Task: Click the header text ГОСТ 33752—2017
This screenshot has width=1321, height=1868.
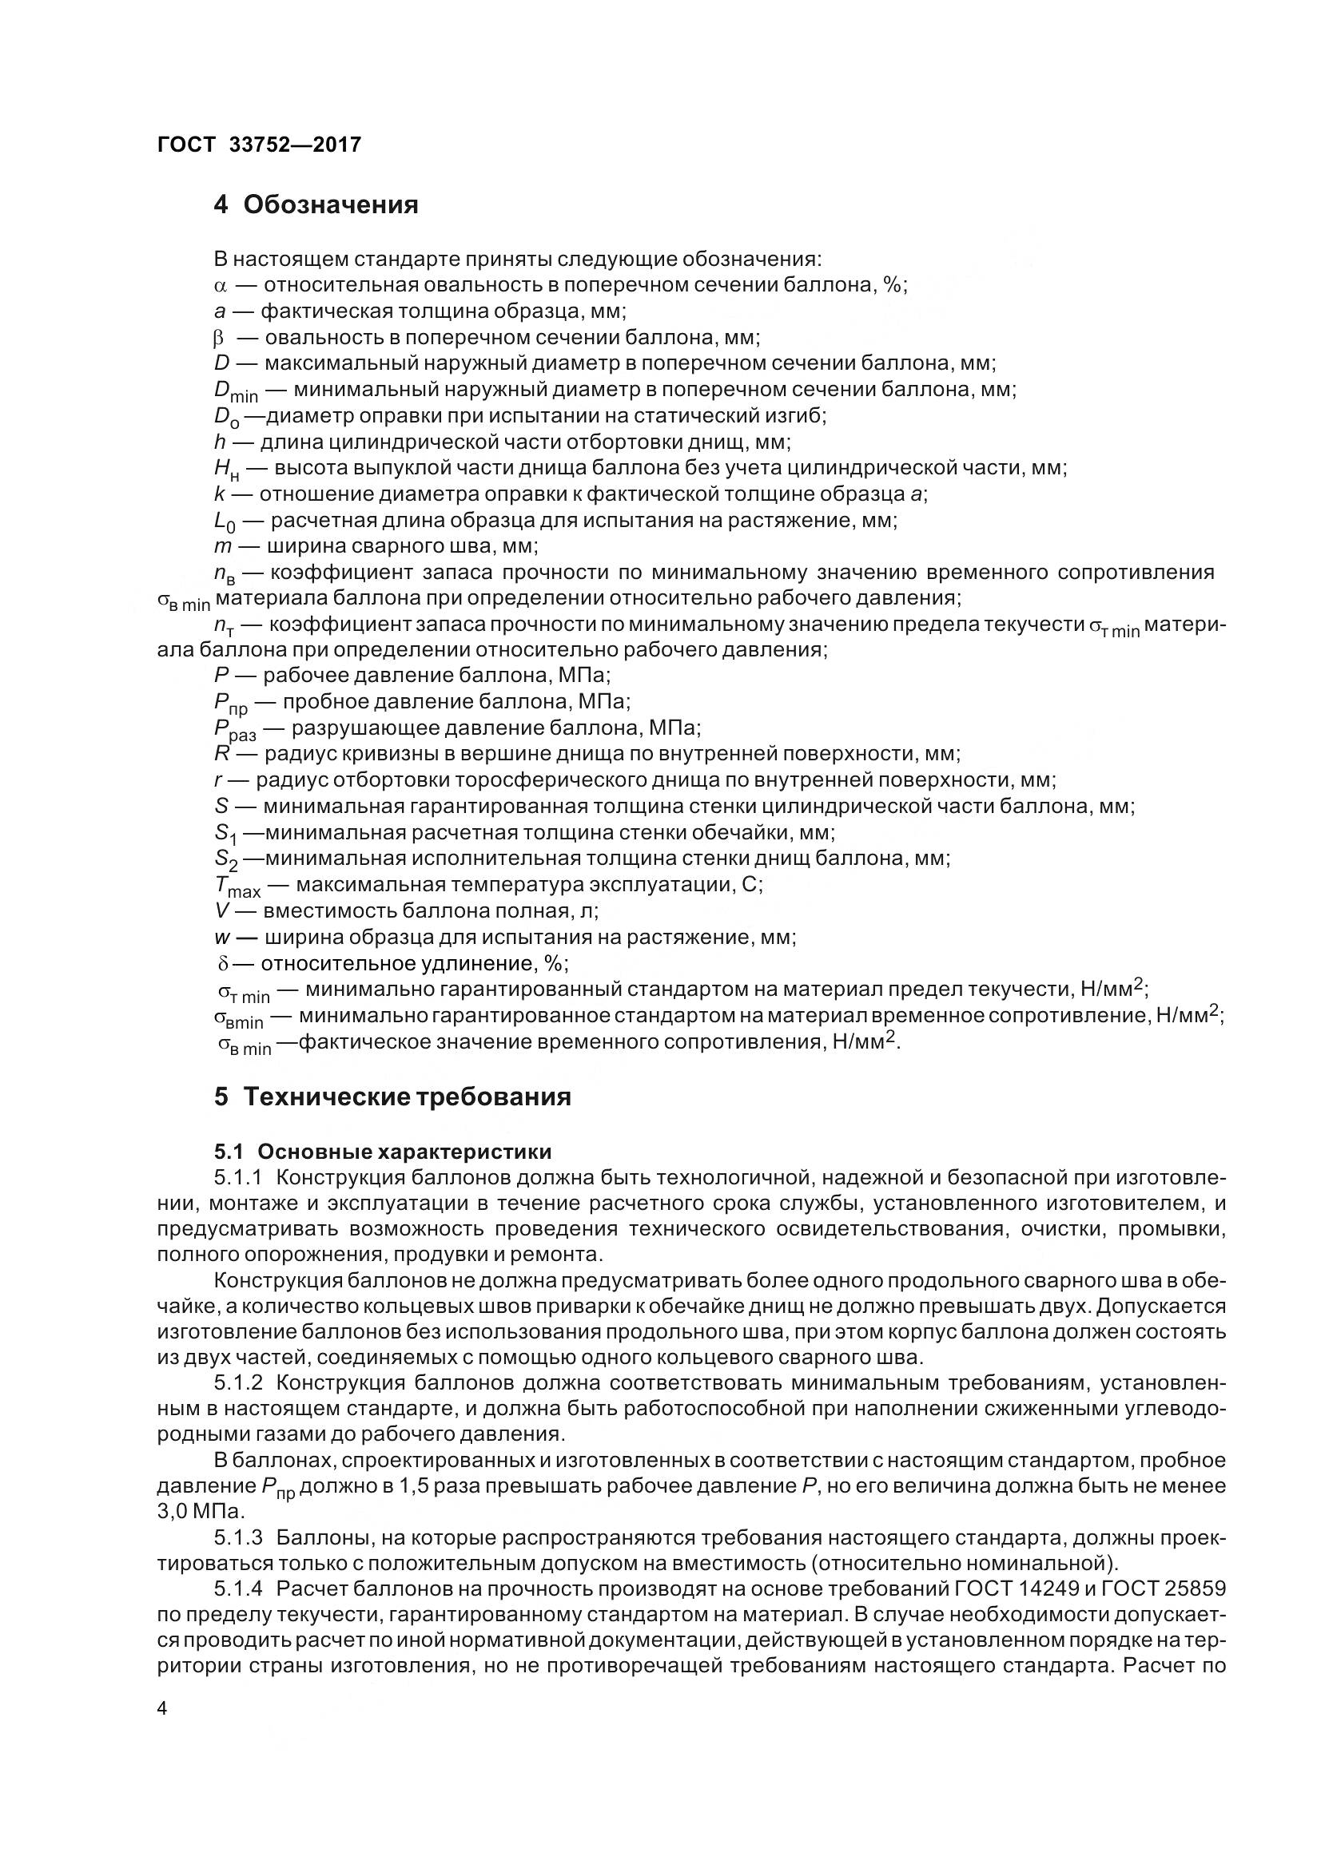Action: pos(258,145)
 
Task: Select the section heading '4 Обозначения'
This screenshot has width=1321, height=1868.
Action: pos(316,204)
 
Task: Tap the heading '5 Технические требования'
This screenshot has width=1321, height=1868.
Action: pos(392,1096)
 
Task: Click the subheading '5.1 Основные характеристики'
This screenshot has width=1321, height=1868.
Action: pos(383,1152)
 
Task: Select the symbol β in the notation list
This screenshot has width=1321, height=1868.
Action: pos(218,338)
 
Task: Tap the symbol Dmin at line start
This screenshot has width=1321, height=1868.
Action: pos(235,391)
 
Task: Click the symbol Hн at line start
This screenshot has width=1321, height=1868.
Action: pos(227,470)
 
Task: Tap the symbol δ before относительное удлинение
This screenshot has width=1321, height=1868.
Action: pos(224,964)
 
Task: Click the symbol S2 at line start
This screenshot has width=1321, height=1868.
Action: pos(225,860)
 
